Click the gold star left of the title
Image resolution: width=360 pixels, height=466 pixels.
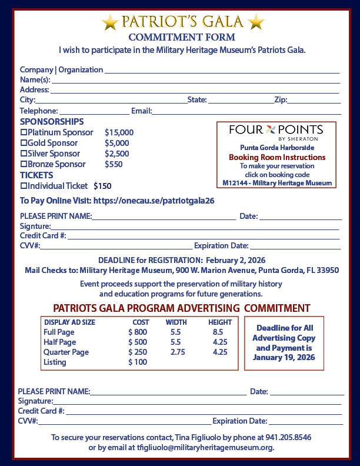pyautogui.click(x=110, y=23)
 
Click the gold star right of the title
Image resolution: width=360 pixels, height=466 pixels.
pyautogui.click(x=256, y=23)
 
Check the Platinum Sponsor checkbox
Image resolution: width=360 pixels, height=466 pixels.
pyautogui.click(x=24, y=132)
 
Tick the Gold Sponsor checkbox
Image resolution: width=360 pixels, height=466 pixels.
pyautogui.click(x=24, y=143)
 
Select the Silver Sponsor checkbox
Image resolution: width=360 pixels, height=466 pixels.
pyautogui.click(x=24, y=154)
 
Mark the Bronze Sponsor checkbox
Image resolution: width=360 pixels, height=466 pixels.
pyautogui.click(x=24, y=164)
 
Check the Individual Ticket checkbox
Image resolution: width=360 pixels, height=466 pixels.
pyautogui.click(x=24, y=186)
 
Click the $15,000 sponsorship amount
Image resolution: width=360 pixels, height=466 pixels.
pyautogui.click(x=119, y=132)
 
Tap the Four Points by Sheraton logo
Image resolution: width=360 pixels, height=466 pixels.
pyautogui.click(x=276, y=132)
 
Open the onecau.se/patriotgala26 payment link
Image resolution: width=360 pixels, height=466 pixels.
pyautogui.click(x=154, y=201)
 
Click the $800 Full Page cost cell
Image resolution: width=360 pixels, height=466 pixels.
pyautogui.click(x=137, y=332)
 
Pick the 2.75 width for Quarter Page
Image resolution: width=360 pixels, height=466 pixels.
pyautogui.click(x=177, y=352)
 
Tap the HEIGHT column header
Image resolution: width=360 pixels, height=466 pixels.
pyautogui.click(x=220, y=322)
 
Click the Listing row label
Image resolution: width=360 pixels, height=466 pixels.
pyautogui.click(x=55, y=362)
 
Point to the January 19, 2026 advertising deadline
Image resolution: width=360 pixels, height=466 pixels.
pyautogui.click(x=284, y=358)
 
